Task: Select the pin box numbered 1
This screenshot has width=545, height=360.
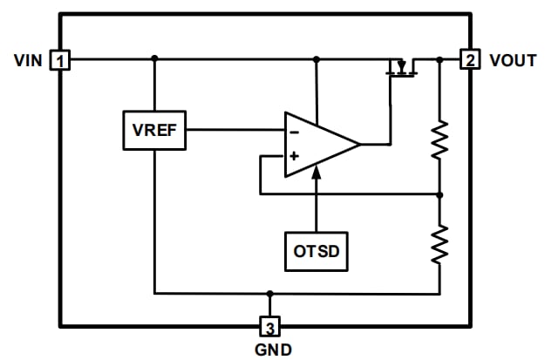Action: click(60, 60)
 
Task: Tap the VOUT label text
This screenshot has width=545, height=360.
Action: click(512, 60)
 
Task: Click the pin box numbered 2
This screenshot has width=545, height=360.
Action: click(470, 60)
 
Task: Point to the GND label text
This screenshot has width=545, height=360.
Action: click(270, 350)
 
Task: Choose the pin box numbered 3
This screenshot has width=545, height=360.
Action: click(270, 328)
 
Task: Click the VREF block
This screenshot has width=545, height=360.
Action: click(153, 130)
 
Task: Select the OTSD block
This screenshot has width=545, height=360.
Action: click(316, 251)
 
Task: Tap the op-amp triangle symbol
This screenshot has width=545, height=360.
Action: click(319, 144)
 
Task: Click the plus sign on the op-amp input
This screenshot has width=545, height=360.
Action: click(294, 157)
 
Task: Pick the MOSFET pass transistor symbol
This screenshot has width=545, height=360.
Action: click(402, 67)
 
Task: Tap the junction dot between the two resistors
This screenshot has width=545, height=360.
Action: click(439, 194)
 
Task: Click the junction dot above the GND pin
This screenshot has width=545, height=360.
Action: click(270, 294)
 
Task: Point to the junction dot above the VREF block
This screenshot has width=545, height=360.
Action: click(154, 59)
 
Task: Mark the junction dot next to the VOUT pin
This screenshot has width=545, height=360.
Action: click(439, 59)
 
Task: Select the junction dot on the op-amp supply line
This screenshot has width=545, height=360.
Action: click(316, 59)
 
